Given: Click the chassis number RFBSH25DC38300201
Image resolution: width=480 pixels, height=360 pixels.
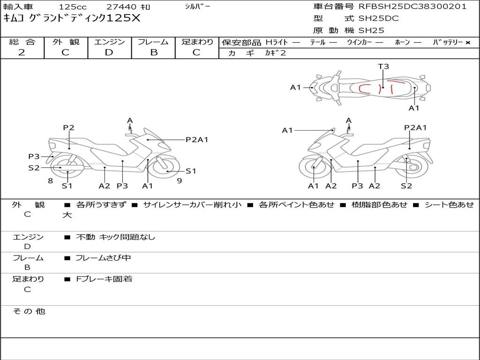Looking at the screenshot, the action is click(412, 7).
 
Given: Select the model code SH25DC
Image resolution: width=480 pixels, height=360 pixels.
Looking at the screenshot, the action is click(378, 19).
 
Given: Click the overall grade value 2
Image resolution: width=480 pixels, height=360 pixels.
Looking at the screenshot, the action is click(22, 52).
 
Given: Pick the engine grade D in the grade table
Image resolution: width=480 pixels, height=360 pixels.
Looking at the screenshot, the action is click(109, 52).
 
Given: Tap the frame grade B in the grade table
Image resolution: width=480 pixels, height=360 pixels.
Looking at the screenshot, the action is click(153, 52).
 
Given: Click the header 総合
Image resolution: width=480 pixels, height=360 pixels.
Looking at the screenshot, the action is click(22, 42).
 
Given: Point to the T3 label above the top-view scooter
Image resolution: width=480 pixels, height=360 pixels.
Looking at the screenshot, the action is click(383, 67).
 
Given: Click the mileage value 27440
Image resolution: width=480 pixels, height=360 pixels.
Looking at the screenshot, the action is click(121, 7).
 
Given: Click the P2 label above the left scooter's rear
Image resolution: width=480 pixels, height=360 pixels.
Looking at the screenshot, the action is click(69, 127).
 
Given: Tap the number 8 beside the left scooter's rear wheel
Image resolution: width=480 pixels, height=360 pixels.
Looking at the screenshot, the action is click(50, 180).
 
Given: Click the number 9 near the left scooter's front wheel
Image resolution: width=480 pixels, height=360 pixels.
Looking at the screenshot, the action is click(179, 180).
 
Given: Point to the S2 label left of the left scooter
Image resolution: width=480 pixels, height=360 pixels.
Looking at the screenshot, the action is click(34, 167).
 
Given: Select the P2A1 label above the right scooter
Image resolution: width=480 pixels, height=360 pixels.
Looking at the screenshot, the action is click(415, 127).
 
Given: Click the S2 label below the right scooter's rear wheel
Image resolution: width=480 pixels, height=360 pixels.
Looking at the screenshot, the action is click(406, 186).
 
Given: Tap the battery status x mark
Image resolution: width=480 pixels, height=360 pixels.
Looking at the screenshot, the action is click(467, 42).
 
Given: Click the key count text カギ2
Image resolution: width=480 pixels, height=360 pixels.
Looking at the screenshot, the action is click(275, 53).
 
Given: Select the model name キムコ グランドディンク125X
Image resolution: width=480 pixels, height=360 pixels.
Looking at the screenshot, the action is click(71, 18).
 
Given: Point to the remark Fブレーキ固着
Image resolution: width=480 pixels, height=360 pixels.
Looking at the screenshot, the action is click(104, 279).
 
